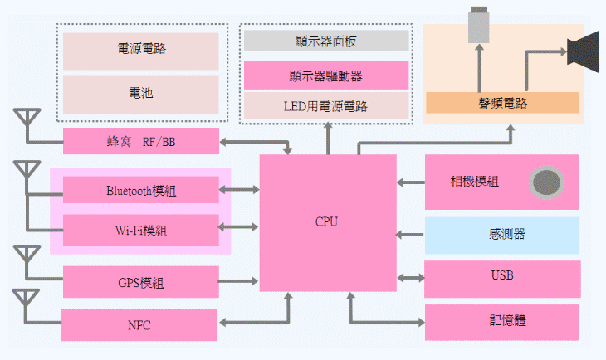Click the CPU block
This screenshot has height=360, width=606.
click(327, 221)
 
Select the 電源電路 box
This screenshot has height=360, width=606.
click(141, 50)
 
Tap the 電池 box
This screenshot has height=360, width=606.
click(141, 93)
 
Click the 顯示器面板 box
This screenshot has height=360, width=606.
click(326, 41)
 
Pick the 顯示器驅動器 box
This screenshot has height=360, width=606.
click(326, 76)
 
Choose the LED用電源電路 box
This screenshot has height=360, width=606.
click(326, 105)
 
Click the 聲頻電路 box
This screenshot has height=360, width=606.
click(502, 103)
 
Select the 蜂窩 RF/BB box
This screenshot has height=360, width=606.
click(141, 142)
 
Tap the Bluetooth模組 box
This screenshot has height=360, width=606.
click(141, 190)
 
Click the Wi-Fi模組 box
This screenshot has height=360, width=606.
click(141, 229)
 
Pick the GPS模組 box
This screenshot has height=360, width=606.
click(141, 282)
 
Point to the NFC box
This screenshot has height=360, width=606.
click(139, 324)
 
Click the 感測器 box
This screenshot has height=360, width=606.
click(502, 235)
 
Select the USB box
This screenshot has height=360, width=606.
click(502, 275)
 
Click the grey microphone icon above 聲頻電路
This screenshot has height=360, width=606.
click(479, 24)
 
